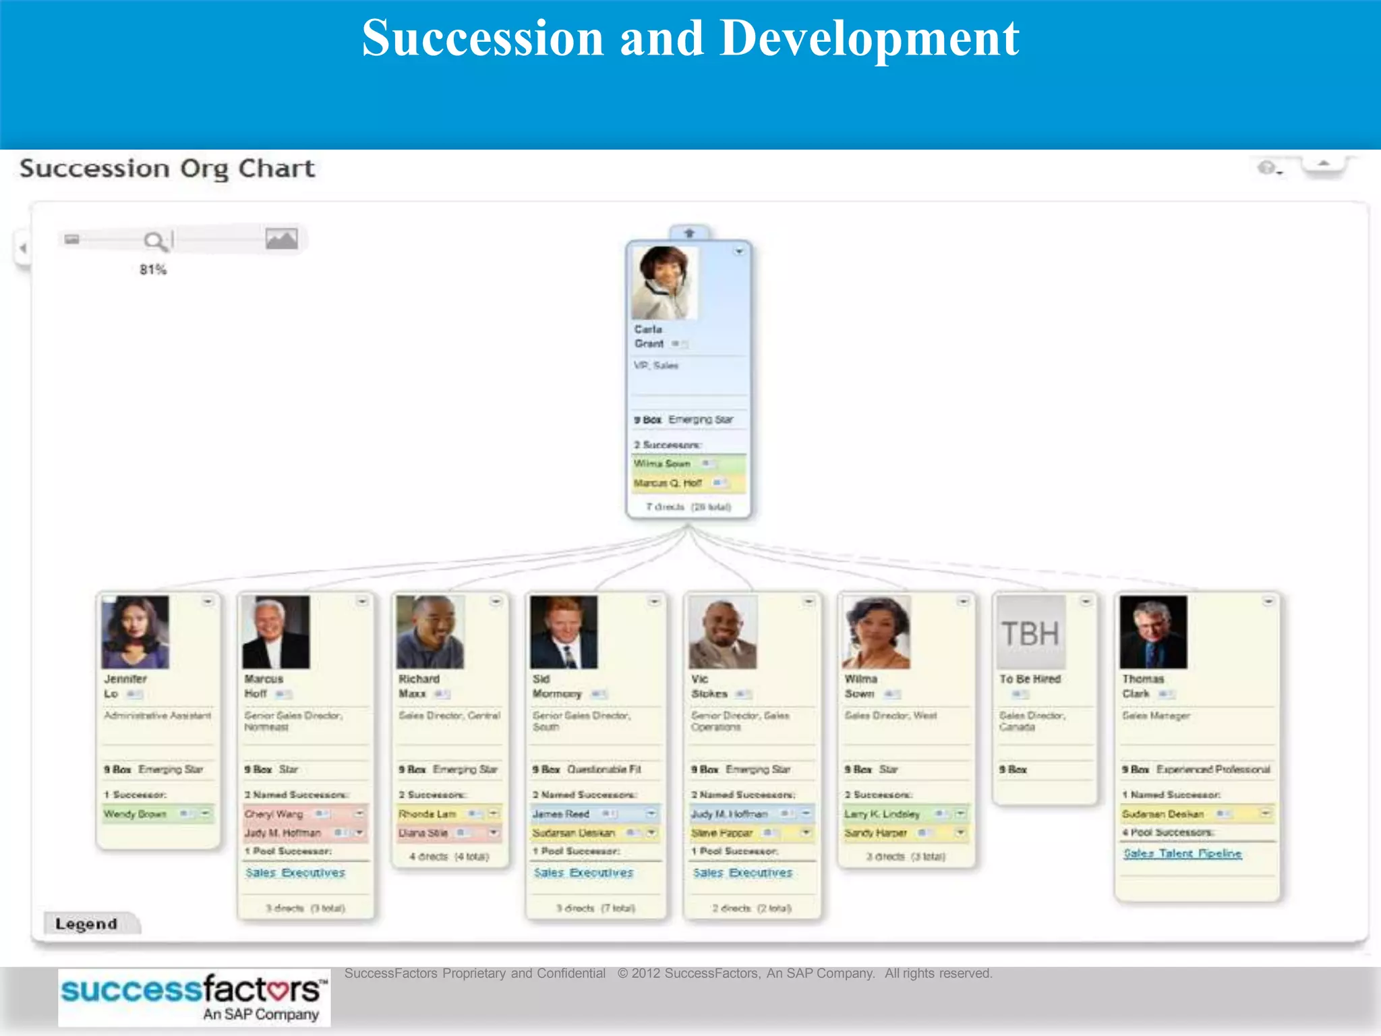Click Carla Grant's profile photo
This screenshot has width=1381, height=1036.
[664, 283]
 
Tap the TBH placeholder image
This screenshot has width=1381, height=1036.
[1030, 633]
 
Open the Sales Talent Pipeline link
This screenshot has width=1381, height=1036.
[1182, 853]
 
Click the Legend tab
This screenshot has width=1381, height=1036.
[87, 923]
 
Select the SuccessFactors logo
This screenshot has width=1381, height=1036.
[194, 998]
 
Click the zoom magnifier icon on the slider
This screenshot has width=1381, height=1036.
[154, 241]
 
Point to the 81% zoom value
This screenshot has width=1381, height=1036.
[153, 270]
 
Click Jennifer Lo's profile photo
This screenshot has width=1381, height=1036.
[135, 632]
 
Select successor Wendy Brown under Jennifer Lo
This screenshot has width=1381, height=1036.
[136, 814]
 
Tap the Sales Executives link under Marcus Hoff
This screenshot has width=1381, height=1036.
[295, 873]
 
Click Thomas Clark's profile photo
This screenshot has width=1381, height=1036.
[1153, 632]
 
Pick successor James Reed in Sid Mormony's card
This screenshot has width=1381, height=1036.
[561, 814]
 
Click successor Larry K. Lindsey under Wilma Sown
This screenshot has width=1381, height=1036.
[882, 814]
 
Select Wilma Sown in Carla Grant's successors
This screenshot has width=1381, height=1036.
[662, 464]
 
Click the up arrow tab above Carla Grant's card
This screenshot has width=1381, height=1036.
[689, 233]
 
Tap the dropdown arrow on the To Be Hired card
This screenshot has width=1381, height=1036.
[1086, 601]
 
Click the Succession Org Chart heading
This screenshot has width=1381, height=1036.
[167, 169]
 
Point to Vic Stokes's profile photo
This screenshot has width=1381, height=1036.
[722, 632]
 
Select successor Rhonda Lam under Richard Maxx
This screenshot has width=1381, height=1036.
[428, 814]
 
